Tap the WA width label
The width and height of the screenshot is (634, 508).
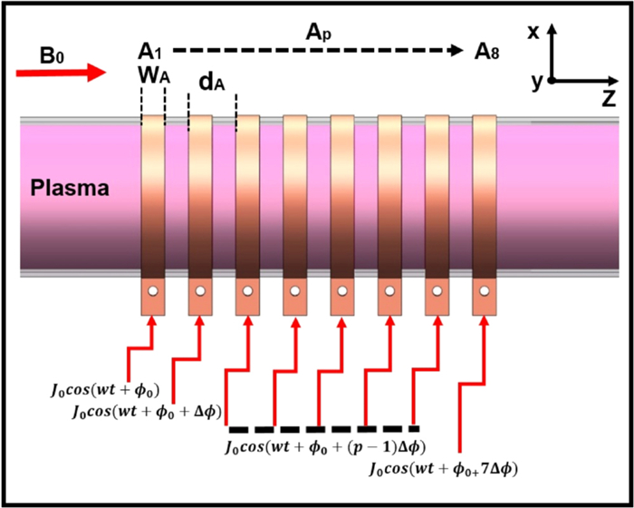(152, 74)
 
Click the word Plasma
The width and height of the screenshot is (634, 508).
(70, 190)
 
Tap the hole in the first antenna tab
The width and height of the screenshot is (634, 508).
(153, 293)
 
